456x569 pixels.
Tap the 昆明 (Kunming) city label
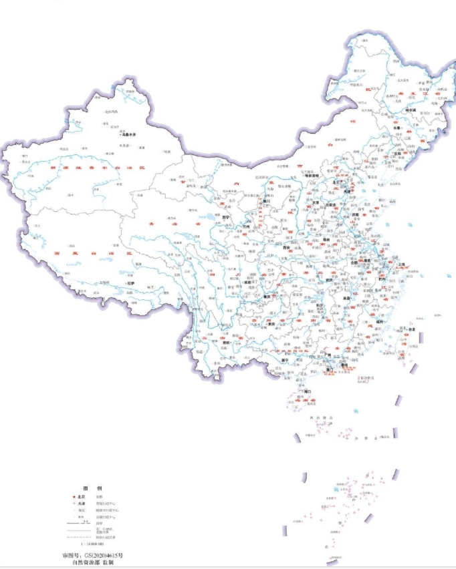coord(227,342)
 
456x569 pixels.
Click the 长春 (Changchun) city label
coord(407,130)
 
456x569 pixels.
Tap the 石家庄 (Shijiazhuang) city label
coord(328,206)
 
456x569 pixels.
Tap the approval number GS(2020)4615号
coord(92,555)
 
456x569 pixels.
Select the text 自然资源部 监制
coord(92,564)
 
